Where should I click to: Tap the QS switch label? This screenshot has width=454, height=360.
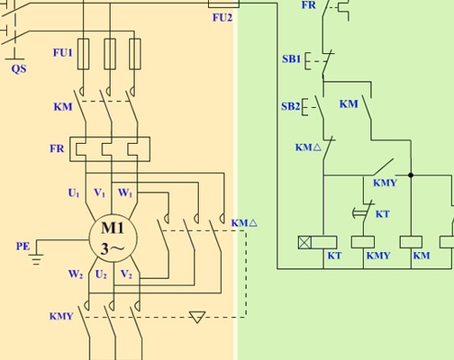click(x=19, y=69)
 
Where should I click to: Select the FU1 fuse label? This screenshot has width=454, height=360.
click(x=63, y=52)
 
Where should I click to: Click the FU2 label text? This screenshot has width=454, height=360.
click(x=222, y=18)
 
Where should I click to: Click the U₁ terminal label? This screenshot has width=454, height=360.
click(x=74, y=193)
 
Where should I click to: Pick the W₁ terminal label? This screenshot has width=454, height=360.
click(x=125, y=193)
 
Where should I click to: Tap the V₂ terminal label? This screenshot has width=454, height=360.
click(x=126, y=274)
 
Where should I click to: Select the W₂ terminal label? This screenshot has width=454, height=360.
click(x=76, y=274)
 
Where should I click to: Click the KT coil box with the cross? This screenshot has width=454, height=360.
click(x=317, y=242)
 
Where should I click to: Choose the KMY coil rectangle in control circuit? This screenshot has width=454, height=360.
click(x=363, y=242)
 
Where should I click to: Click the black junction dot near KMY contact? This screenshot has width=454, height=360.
click(x=411, y=175)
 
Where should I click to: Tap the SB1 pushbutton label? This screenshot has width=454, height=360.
click(x=291, y=58)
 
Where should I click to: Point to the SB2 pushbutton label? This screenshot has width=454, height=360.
click(x=291, y=106)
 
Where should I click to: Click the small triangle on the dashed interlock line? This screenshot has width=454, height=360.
click(x=197, y=317)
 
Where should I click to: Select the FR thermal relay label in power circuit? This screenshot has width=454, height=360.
click(x=57, y=148)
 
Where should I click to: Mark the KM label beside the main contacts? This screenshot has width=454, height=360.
click(x=63, y=107)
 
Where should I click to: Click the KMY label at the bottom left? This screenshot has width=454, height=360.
click(x=61, y=316)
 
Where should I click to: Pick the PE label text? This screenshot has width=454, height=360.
click(x=23, y=247)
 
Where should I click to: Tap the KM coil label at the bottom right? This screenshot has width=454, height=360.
click(x=422, y=256)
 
